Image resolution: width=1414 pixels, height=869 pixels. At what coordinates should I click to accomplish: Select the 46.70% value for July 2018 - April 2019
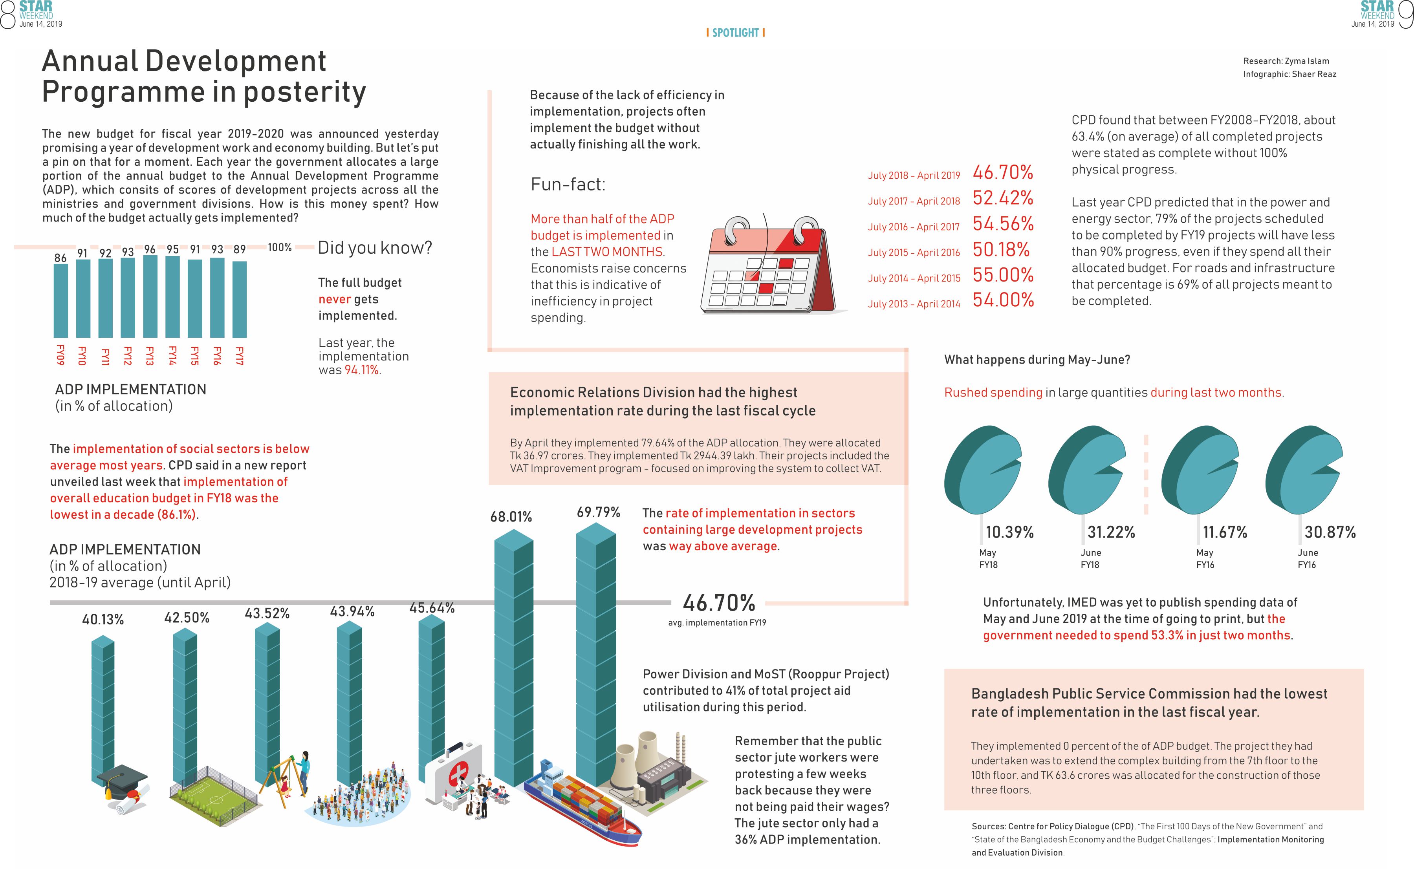(1002, 172)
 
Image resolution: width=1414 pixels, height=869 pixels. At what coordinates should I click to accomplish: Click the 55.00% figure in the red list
(1002, 275)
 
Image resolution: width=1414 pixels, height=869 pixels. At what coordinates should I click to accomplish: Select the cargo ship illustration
(581, 805)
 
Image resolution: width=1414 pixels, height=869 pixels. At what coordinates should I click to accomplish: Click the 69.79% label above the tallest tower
(598, 512)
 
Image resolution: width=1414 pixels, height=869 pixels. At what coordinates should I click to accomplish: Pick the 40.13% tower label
(103, 620)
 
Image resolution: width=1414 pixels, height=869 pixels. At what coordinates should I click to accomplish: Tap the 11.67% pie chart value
(1225, 532)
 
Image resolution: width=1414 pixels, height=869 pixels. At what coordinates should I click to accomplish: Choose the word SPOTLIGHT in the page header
(735, 33)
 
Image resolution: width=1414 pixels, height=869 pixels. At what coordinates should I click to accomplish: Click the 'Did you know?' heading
(375, 248)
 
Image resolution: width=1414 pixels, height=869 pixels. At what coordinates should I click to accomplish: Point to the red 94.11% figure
(361, 370)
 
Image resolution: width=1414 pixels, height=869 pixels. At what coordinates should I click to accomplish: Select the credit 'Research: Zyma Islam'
(1286, 61)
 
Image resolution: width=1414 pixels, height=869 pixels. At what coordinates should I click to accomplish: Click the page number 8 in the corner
(7, 15)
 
